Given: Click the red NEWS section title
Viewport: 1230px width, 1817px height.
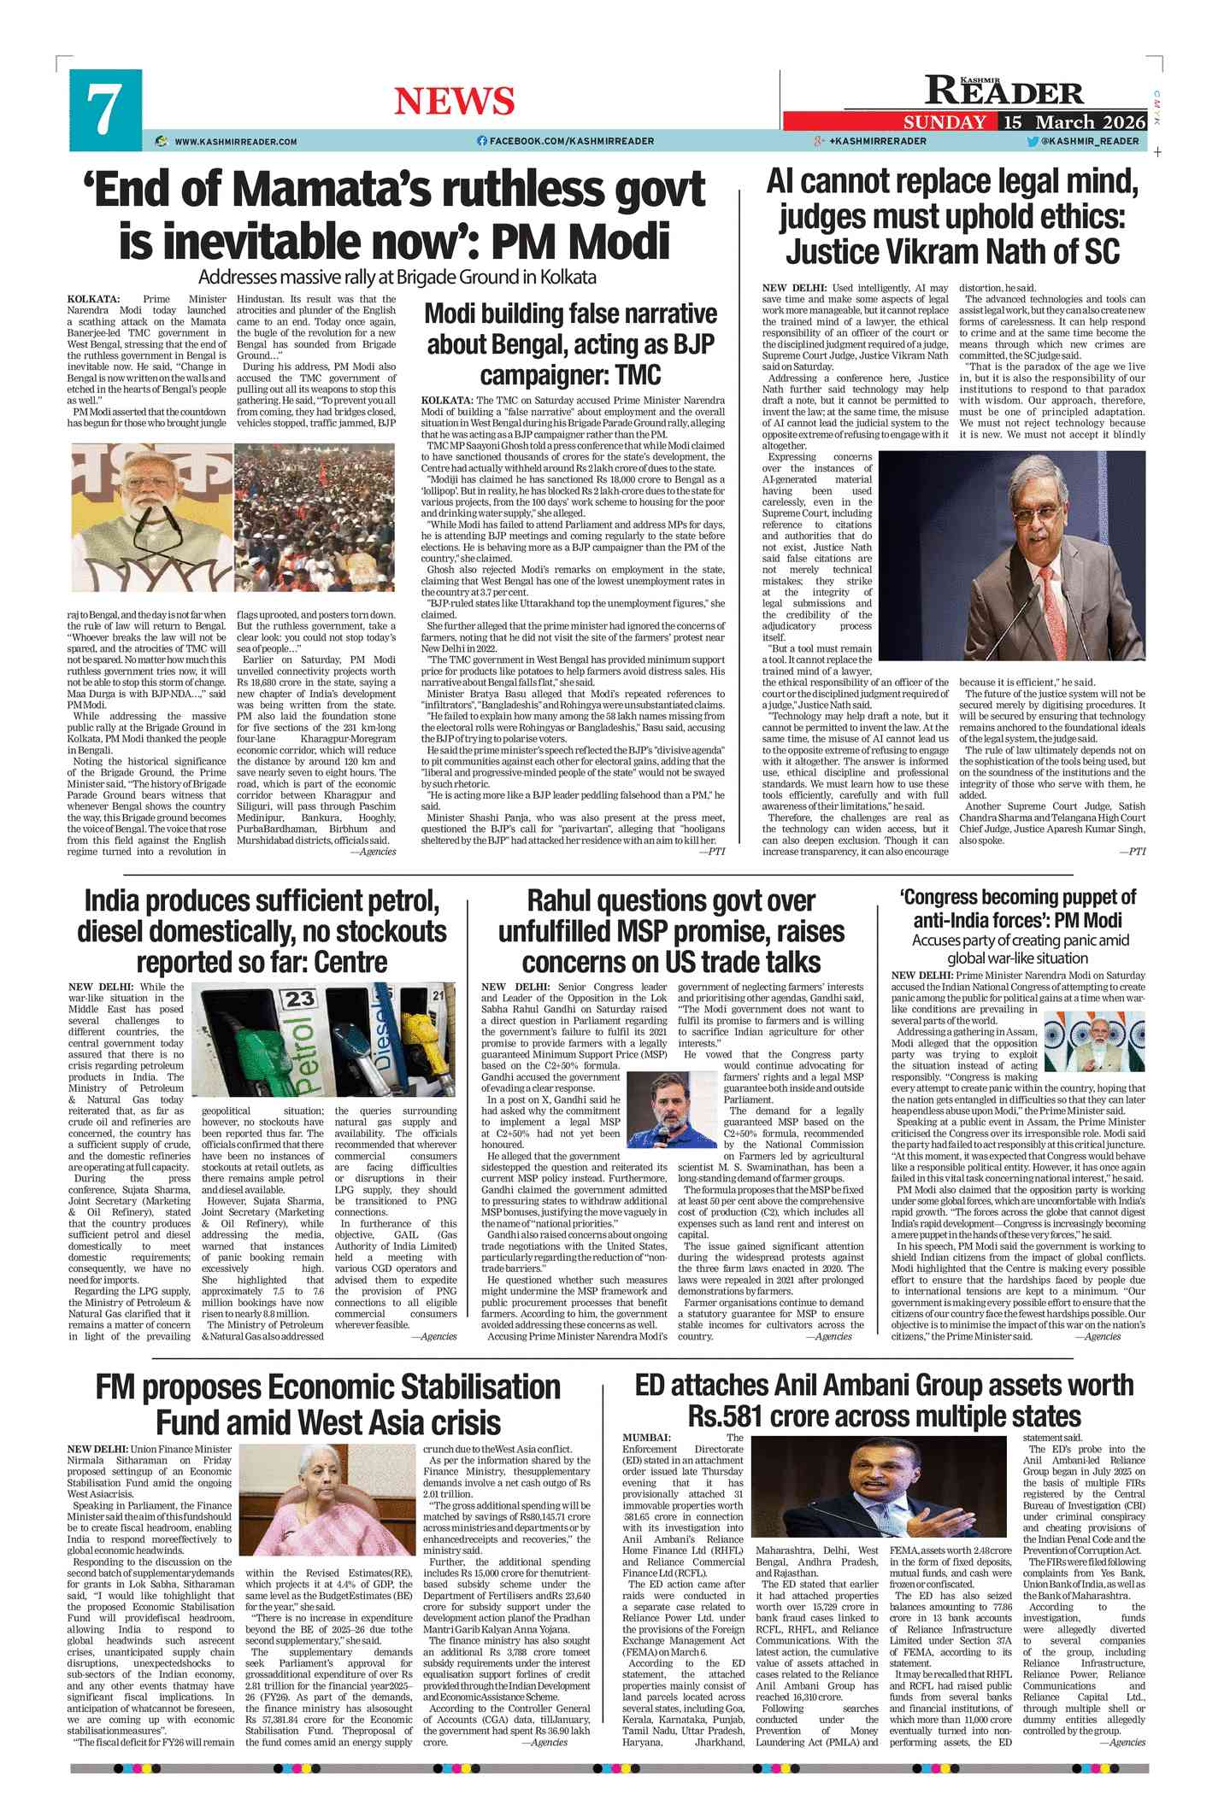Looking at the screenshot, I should [454, 102].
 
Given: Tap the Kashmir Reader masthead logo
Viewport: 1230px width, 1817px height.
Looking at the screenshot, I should [1004, 90].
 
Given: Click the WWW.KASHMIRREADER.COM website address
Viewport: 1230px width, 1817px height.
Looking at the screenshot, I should [236, 142].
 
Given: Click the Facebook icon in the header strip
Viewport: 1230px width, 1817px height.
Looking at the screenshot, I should [482, 141].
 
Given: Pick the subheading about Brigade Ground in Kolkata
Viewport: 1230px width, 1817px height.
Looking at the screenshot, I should [397, 278].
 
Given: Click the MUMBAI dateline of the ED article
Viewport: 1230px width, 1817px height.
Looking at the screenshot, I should [646, 1439].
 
